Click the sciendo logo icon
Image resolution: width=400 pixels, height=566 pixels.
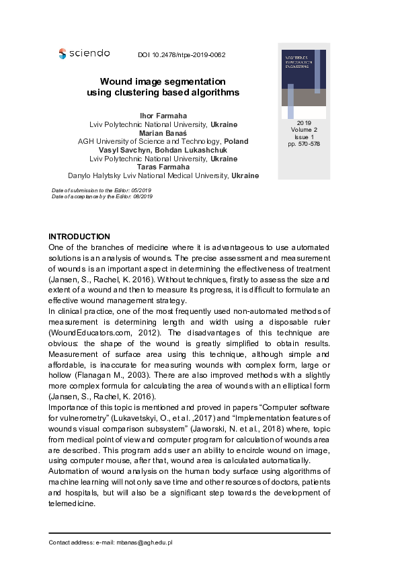click(x=63, y=53)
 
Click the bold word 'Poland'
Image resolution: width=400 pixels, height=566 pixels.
click(x=236, y=141)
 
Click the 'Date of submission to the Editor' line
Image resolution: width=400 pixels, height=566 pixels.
click(x=102, y=190)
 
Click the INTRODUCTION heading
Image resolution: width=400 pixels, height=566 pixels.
click(x=79, y=237)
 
